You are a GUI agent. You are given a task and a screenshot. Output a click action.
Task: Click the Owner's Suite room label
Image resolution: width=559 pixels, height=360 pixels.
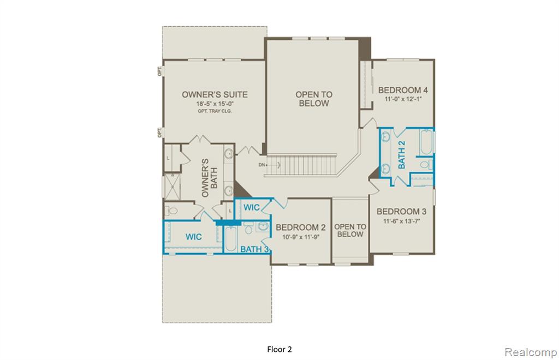click(x=215, y=94)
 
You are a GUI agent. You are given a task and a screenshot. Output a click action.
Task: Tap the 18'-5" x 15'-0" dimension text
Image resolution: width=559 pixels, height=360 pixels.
click(x=215, y=104)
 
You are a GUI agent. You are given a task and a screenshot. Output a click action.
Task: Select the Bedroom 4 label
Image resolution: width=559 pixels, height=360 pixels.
click(x=403, y=90)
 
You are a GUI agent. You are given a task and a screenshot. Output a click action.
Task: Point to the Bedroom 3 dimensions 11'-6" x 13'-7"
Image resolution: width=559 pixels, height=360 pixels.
click(x=401, y=221)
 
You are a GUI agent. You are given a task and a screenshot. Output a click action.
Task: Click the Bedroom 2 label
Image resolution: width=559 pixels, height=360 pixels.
click(x=301, y=227)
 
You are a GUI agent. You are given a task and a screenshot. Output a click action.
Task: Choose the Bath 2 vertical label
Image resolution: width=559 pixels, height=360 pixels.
click(x=401, y=154)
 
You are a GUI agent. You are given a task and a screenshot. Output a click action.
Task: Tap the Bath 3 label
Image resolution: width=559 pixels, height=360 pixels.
click(x=254, y=249)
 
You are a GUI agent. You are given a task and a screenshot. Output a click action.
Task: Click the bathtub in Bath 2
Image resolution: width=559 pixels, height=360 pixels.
click(x=426, y=142)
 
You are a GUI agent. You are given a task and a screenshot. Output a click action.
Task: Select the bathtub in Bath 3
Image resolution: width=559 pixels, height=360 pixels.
click(x=230, y=238)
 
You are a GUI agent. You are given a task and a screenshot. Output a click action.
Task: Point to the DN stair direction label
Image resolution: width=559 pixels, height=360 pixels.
click(x=262, y=165)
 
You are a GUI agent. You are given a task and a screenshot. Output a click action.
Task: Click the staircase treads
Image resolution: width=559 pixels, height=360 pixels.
click(x=301, y=165)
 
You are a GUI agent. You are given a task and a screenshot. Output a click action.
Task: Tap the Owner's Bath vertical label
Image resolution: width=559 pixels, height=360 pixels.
click(x=210, y=178)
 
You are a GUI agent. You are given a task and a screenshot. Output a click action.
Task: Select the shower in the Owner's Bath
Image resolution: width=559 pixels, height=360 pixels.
click(x=172, y=187)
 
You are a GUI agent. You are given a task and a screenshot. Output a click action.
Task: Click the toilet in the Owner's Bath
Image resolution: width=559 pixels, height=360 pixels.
click(x=172, y=211)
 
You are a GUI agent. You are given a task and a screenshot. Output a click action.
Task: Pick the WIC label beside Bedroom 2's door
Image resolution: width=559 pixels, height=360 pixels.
click(x=252, y=207)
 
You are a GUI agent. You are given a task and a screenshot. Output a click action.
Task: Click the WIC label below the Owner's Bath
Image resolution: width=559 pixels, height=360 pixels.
click(x=194, y=237)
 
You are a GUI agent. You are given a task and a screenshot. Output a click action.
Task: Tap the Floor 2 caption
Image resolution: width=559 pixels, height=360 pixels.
click(x=279, y=349)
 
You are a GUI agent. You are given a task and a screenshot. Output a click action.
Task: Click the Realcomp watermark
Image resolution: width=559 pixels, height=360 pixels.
click(x=531, y=352)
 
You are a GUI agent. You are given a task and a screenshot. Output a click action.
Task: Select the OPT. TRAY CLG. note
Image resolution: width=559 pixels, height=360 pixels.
click(x=215, y=111)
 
